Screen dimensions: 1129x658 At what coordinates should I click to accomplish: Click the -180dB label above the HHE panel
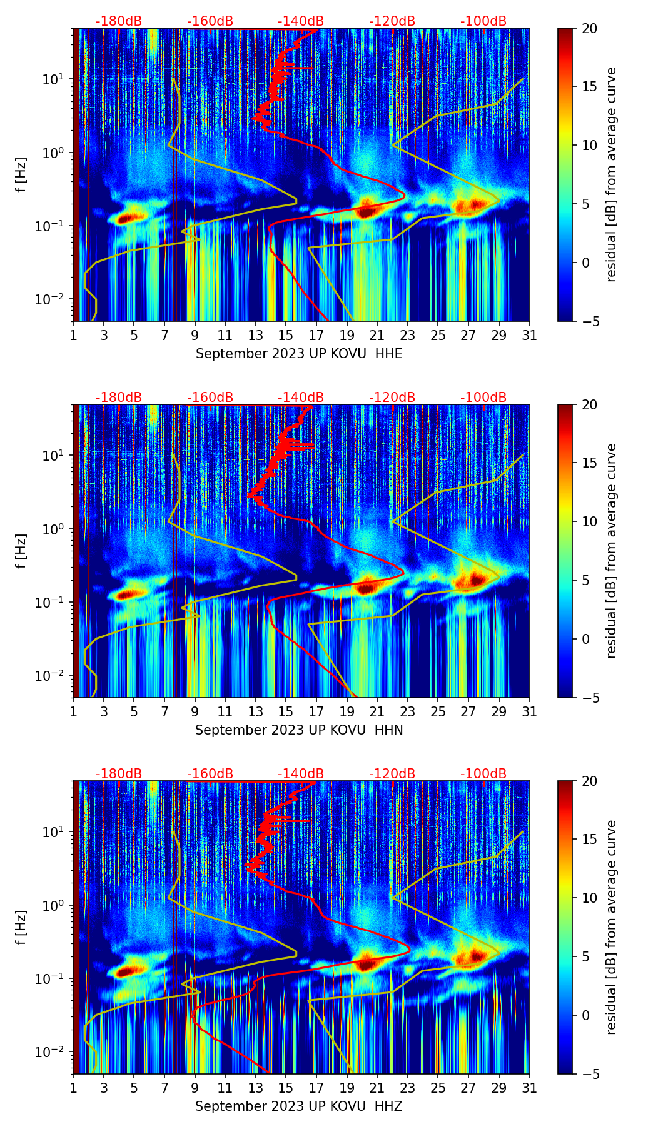(119, 21)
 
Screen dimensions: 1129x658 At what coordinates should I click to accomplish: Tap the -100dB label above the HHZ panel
(483, 774)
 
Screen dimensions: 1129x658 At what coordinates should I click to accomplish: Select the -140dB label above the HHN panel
(301, 398)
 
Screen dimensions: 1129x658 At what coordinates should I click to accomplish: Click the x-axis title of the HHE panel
(299, 354)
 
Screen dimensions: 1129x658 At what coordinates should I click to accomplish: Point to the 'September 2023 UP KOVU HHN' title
(299, 730)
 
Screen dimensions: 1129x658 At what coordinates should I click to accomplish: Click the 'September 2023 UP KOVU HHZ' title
(299, 1106)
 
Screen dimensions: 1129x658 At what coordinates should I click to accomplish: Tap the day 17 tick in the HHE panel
(316, 336)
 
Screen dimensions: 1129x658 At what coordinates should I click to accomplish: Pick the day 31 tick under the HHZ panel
(529, 1088)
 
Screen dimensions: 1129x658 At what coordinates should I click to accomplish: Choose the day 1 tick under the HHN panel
(73, 712)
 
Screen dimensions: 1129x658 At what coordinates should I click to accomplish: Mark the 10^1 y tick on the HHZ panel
(58, 832)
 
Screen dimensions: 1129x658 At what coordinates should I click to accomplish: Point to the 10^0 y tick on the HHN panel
(58, 529)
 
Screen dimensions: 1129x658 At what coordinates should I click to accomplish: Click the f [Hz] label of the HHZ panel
(21, 927)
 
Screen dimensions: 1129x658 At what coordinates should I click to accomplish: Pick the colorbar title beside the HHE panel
(612, 174)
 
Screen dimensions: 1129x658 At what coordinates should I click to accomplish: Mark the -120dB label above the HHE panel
(392, 21)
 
